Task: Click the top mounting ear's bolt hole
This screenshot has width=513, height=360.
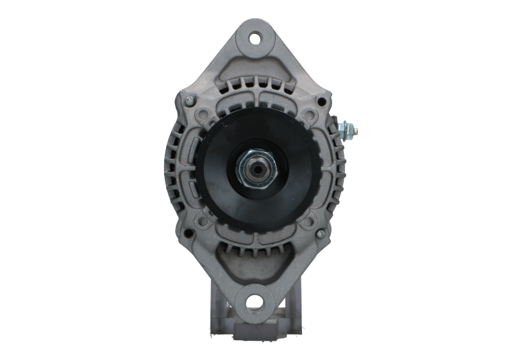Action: point(256,38)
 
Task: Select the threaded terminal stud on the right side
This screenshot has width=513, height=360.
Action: point(350,131)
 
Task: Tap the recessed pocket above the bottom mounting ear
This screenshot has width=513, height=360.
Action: point(256,263)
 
